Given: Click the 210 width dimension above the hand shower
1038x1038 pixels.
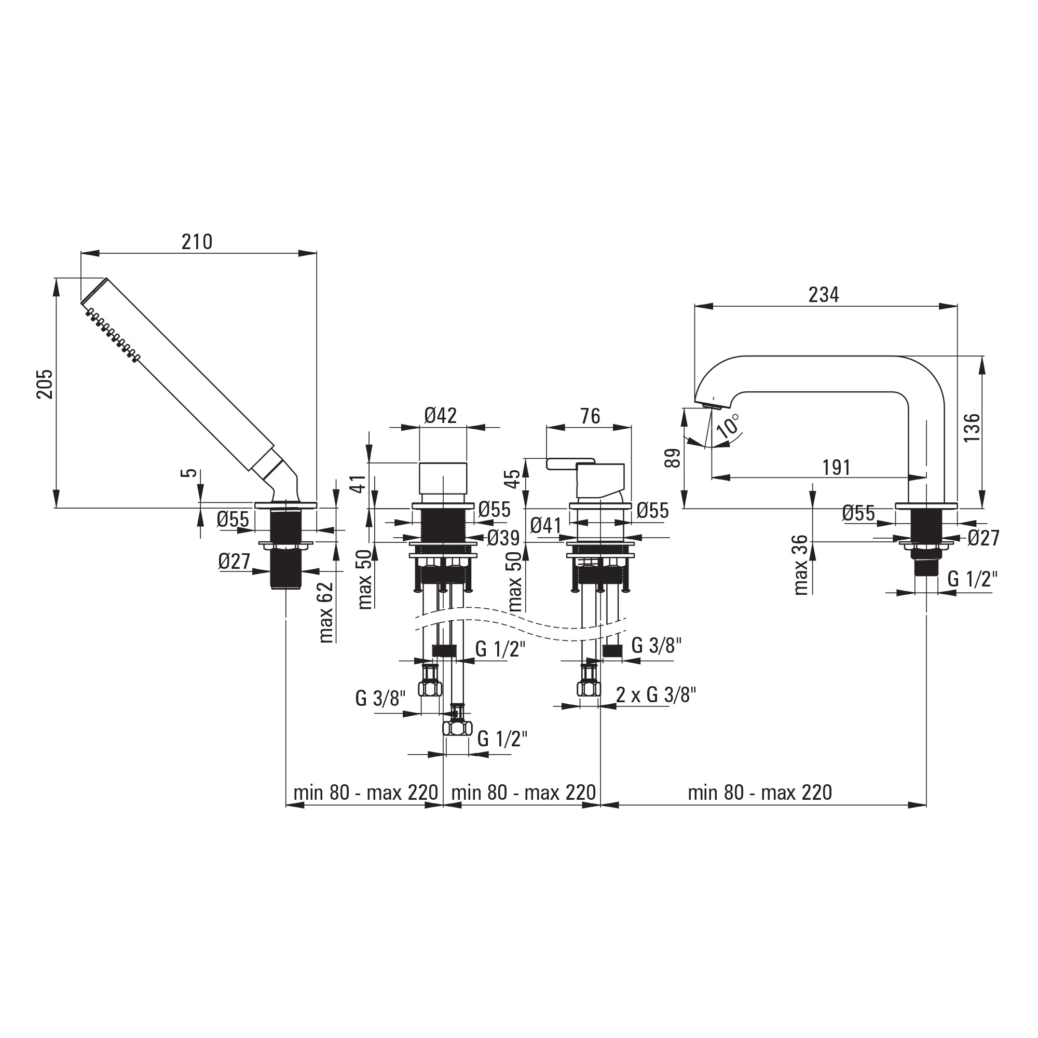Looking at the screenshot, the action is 197,242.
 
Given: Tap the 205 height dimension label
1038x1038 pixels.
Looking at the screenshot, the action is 45,384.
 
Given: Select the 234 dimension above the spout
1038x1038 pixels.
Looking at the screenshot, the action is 824,295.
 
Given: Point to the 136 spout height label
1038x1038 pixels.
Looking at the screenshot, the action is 972,428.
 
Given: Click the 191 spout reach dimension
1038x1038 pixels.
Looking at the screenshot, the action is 837,468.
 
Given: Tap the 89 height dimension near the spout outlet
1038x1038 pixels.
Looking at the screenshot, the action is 673,458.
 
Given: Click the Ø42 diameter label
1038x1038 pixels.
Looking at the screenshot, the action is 441,415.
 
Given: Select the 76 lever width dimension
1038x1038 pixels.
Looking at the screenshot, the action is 590,416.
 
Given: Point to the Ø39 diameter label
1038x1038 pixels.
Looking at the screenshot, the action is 503,538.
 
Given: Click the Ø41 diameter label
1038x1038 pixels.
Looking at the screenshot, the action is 546,525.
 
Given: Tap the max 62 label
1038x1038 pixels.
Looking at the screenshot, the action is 326,612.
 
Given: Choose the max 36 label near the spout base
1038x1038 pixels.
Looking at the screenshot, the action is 800,565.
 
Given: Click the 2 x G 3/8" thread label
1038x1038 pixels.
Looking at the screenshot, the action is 656,695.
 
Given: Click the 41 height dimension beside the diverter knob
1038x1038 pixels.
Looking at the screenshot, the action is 361,483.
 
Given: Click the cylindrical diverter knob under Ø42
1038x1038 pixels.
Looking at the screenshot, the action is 443,478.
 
